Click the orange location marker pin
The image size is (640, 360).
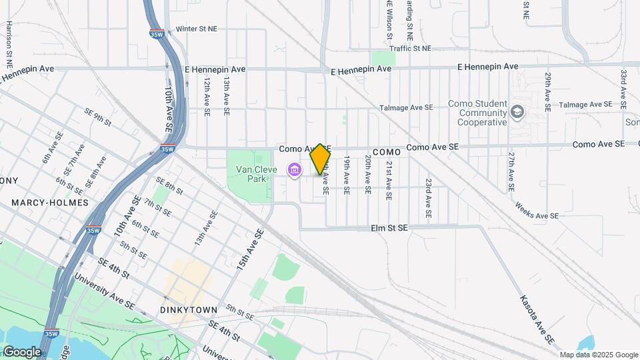tap(320, 159)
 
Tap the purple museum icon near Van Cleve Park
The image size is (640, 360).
tap(294, 171)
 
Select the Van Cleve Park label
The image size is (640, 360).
tap(256, 174)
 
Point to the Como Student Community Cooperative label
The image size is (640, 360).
tap(477, 113)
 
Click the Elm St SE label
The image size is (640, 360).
tap(389, 228)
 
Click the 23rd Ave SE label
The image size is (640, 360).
tap(429, 198)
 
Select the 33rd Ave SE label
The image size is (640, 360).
tap(624, 89)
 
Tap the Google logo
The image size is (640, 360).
tap(22, 351)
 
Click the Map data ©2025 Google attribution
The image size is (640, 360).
tap(598, 355)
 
